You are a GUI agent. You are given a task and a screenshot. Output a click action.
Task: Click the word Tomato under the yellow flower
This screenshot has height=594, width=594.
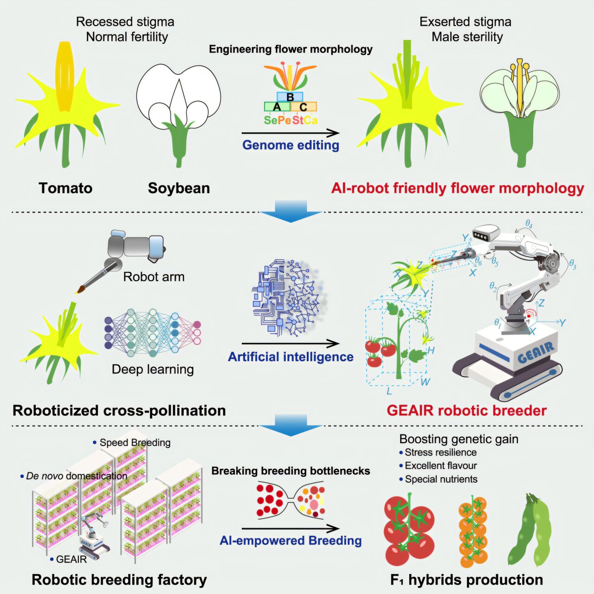pos(65,188)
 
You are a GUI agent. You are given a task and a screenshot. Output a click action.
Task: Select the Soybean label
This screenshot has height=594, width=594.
pos(179,188)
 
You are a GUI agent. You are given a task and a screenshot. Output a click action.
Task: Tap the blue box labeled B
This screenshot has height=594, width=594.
pos(290,97)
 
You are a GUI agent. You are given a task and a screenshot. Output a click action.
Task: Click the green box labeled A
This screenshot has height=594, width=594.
pos(277,107)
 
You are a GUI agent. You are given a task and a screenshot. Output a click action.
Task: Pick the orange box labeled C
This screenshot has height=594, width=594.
pos(303,107)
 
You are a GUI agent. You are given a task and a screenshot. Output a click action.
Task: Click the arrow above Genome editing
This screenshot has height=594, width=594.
pos(291,133)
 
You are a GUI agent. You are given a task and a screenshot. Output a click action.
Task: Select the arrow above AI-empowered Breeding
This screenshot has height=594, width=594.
pos(291,529)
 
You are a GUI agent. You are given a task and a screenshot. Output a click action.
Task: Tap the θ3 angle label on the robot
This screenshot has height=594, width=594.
pos(573,265)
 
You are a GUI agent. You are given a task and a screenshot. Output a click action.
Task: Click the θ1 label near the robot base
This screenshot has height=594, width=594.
pos(497,323)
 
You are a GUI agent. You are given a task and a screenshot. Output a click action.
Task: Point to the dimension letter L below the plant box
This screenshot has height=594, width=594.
pos(389,391)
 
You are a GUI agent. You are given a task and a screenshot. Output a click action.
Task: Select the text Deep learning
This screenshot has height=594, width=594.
pos(153,369)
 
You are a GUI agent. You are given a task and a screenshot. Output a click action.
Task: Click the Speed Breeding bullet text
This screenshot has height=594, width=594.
pos(132,443)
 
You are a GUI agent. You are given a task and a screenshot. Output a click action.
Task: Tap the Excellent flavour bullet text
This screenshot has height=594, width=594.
pos(438,465)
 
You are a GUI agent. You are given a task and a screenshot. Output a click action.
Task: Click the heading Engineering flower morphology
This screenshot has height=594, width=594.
pos(291,49)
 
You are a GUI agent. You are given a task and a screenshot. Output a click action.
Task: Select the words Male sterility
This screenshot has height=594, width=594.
pos(467,37)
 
